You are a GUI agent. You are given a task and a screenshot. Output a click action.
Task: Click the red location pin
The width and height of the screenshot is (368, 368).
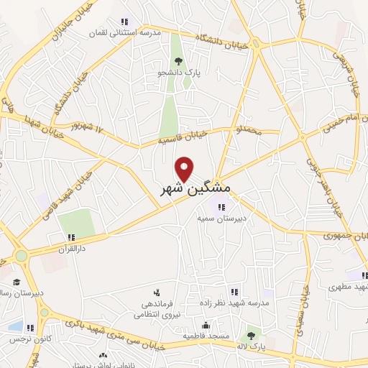(185, 169)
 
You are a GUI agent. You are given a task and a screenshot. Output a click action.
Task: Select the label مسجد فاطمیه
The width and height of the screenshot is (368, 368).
(206, 336)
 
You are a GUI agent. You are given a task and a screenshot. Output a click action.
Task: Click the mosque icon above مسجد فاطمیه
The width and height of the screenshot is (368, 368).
(206, 325)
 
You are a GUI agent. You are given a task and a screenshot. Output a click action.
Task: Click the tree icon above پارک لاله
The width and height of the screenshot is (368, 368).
(251, 335)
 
